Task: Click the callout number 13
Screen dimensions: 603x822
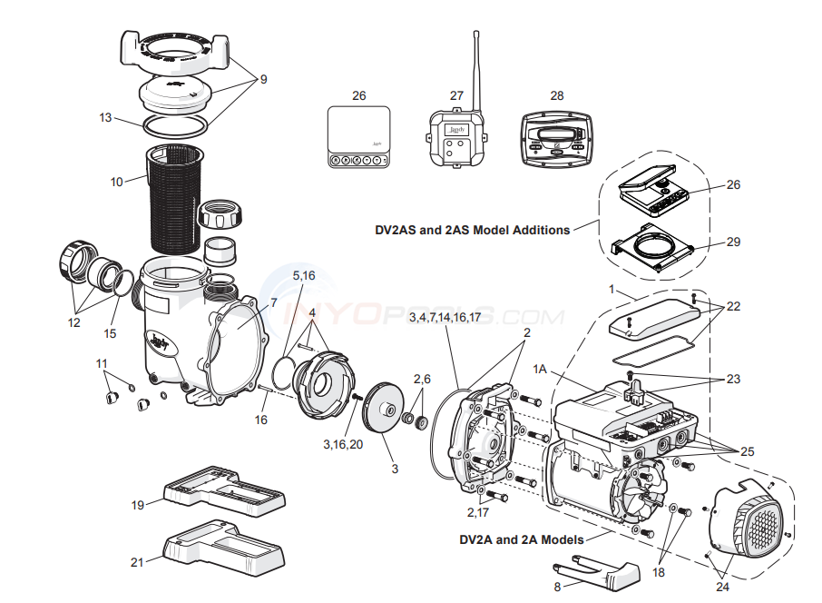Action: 106,117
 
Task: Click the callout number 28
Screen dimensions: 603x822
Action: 556,95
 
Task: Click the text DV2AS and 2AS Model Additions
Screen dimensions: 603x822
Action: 473,230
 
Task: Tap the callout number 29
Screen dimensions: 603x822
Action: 733,242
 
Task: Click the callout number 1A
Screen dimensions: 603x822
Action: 541,369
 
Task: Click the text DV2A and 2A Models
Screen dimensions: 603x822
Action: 521,539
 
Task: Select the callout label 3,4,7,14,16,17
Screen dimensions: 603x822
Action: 445,317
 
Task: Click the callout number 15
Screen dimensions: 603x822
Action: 110,333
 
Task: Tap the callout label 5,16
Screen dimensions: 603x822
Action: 303,274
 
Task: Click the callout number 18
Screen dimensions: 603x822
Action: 658,573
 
